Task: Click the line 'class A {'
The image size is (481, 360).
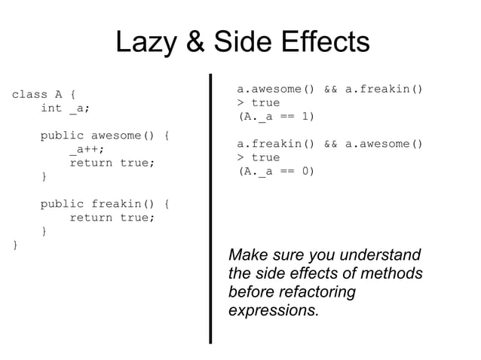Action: tap(43, 95)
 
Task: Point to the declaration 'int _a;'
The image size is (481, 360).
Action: tap(65, 108)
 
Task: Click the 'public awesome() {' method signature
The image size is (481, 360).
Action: tap(105, 136)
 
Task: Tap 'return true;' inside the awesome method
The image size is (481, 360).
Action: tap(112, 163)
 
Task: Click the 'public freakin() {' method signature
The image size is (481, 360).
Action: tap(105, 204)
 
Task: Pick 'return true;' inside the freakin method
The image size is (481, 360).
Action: tap(112, 218)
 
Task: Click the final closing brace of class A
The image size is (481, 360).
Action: tap(14, 245)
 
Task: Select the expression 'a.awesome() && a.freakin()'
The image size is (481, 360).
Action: tap(329, 90)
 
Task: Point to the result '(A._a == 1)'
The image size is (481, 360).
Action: tap(276, 117)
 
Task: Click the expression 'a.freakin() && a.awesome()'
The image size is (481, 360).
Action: tap(329, 144)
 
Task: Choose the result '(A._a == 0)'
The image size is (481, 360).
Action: tap(276, 171)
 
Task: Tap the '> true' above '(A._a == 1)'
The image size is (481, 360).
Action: tap(258, 103)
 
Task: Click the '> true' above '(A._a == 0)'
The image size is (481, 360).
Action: tap(258, 157)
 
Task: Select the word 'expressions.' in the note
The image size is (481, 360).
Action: tap(273, 310)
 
